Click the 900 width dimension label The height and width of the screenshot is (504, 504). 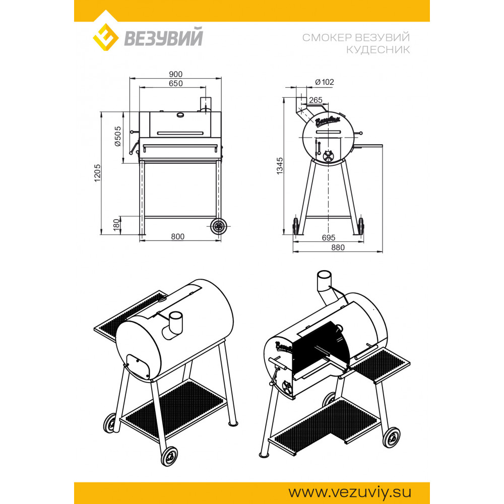coord(175,74)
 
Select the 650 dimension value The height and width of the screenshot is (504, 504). coord(175,84)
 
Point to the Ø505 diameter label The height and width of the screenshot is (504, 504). coord(118,136)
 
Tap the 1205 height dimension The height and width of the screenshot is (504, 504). coord(97,173)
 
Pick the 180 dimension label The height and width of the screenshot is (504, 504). coord(116,223)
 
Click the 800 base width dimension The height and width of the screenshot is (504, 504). coord(177,236)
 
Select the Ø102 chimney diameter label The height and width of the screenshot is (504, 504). coord(324,82)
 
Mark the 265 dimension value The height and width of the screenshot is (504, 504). coord(316,100)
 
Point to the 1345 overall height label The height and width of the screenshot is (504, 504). coord(280,166)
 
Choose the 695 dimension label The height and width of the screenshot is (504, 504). coord(329,237)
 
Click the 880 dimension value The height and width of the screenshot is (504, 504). coord(338,247)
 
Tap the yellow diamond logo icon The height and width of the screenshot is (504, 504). coord(106,37)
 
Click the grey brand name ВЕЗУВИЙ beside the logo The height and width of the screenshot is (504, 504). coord(163,37)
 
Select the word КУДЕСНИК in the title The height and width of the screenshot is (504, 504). coord(378,50)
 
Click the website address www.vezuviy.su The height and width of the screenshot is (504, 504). coord(350,492)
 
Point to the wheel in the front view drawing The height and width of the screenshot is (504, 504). coord(219,226)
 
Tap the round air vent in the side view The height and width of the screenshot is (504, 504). coord(328,156)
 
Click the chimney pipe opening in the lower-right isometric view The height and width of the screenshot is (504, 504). coord(324,275)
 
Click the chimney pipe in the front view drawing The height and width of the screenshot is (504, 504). coord(205,104)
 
